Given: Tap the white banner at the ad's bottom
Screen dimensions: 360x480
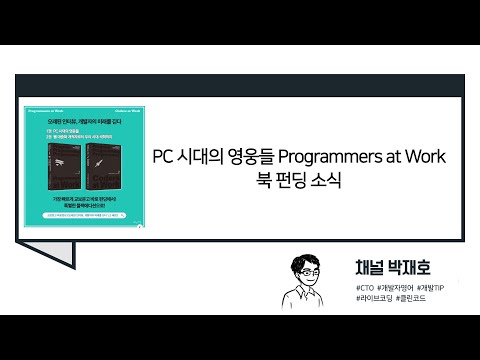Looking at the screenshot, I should coord(82,213).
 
